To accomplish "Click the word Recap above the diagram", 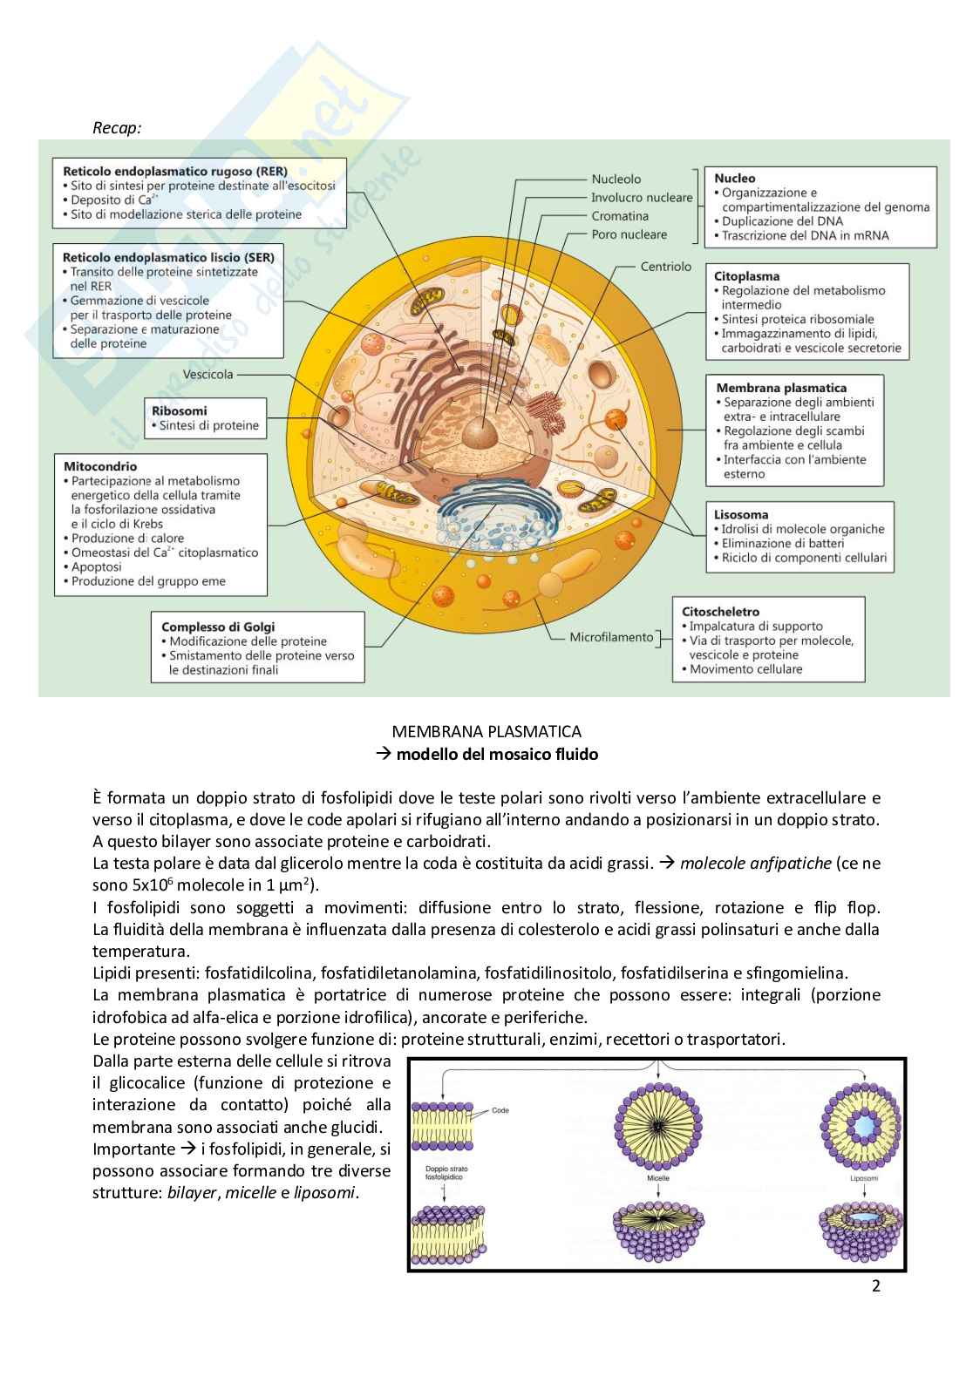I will tap(117, 128).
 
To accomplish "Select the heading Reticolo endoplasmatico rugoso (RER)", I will tap(174, 172).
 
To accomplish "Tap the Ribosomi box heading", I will tap(180, 410).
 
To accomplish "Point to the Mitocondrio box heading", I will tap(100, 466).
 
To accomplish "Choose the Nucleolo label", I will tap(616, 179).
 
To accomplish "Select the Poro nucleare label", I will tap(629, 234).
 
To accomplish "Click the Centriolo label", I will tap(665, 267).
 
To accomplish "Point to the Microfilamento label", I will tap(611, 637).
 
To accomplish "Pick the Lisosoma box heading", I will tap(741, 514).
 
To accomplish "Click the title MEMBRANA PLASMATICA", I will tap(486, 732).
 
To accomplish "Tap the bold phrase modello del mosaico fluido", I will tap(497, 755).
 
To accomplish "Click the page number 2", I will tap(876, 1286).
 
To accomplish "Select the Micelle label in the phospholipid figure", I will tap(658, 1177).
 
